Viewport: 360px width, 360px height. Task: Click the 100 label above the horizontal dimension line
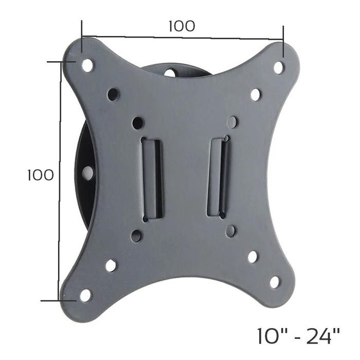182,26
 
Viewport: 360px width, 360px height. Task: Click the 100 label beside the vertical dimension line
40,175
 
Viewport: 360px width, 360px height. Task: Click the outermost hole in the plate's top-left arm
87,65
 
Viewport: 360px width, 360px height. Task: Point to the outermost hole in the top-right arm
278,67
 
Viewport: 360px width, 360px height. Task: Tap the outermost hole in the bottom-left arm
85,295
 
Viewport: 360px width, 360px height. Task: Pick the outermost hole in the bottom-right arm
275,282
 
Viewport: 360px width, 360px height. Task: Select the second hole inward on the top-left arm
113,95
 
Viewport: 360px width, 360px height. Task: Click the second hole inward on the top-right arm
256,95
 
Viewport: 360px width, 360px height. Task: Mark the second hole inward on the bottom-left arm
111,265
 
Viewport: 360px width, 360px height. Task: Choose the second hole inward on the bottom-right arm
253,257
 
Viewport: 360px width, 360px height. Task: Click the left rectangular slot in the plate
152,177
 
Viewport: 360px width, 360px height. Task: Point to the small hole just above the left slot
137,123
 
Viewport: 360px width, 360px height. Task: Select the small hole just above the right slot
232,122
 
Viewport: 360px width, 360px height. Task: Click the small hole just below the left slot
137,236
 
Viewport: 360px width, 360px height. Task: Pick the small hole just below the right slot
231,231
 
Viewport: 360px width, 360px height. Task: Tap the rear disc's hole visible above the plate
170,73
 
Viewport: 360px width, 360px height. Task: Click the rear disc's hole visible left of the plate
88,173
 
